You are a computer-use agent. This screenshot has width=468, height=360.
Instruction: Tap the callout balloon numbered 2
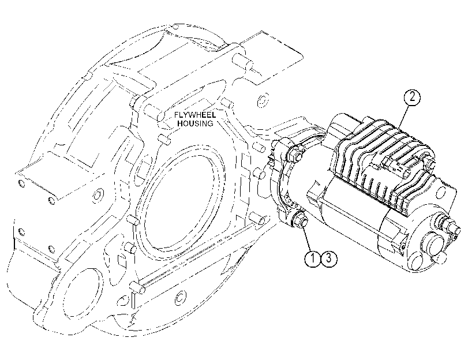412,97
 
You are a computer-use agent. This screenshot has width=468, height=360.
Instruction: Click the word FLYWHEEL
195,115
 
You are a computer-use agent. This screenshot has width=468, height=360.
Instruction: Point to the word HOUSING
196,123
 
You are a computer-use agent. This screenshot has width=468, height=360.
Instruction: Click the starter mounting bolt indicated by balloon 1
299,222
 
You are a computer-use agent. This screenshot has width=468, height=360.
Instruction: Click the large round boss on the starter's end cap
434,245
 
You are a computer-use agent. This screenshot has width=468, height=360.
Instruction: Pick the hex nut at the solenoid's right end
430,164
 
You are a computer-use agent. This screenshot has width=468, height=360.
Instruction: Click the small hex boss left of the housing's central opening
97,196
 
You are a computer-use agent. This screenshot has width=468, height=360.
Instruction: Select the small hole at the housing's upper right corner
263,100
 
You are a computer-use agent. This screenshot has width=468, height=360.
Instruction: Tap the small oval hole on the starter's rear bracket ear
403,247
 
